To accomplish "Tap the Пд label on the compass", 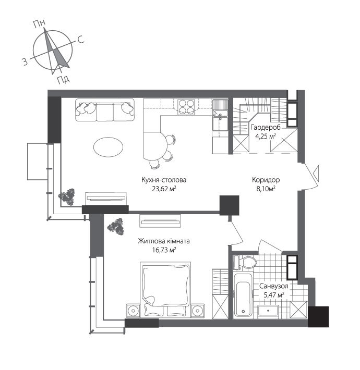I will click(64, 79).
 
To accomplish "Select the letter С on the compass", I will click(81, 40).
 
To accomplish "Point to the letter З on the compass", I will click(24, 62).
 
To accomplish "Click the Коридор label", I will click(259, 177).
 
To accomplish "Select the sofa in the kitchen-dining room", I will click(104, 110).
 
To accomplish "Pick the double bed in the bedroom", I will click(163, 289).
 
